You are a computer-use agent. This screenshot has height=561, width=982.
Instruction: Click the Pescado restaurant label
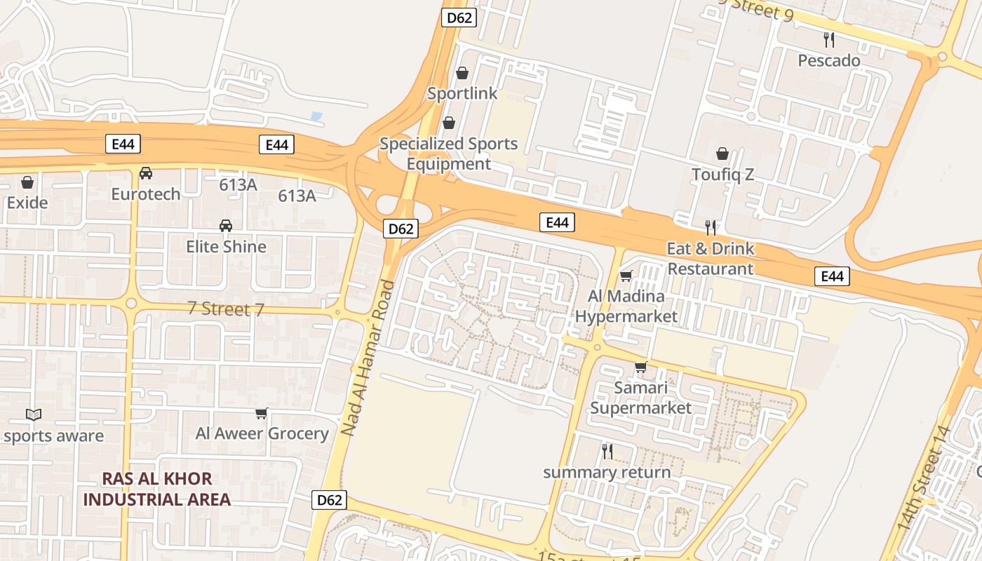click(x=829, y=61)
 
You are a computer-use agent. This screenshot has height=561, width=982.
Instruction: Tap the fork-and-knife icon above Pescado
click(x=829, y=39)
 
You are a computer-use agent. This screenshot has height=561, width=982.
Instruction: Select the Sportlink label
click(x=462, y=93)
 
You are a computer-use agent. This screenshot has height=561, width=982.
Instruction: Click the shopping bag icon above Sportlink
click(x=462, y=73)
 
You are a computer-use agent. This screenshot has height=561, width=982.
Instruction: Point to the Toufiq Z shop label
click(x=722, y=175)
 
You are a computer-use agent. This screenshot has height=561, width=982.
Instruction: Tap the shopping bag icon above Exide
click(x=27, y=182)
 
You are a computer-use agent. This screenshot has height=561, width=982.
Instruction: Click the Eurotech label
click(x=146, y=194)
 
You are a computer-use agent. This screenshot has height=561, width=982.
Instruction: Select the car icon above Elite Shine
click(x=226, y=226)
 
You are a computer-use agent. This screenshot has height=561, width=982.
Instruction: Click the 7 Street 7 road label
click(x=226, y=309)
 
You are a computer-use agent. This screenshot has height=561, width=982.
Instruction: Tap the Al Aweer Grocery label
click(x=262, y=433)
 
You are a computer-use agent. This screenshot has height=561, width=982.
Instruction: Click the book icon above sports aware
click(x=34, y=414)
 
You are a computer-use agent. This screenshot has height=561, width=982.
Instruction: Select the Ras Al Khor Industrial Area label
click(x=157, y=489)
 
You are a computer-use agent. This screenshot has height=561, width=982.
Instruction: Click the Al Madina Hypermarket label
click(x=626, y=306)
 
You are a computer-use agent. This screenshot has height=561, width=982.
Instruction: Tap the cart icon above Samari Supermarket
click(x=640, y=367)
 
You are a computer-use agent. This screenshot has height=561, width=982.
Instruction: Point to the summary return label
click(x=607, y=472)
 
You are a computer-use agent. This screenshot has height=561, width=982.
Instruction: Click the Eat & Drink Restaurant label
click(x=711, y=258)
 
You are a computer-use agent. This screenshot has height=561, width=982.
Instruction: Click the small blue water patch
click(x=316, y=116)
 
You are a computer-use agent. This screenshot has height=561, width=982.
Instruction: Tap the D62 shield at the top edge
click(x=459, y=18)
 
